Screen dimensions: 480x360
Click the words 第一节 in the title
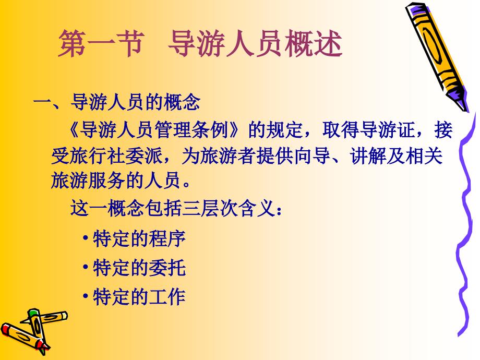click(101, 43)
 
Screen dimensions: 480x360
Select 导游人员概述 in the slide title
click(255, 43)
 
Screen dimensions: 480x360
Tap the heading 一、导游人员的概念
click(117, 102)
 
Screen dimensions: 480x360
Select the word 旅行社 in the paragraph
click(98, 156)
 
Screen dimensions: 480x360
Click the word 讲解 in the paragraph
click(368, 156)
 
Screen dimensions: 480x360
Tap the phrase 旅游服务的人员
click(116, 181)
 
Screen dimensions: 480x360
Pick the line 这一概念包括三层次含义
click(173, 209)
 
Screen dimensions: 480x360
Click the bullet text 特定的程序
click(139, 239)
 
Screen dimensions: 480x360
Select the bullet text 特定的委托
click(139, 268)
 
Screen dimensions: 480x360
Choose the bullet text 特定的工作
click(139, 297)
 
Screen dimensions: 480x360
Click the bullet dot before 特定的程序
click(86, 238)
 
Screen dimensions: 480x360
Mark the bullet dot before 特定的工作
click(86, 296)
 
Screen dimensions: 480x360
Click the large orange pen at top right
click(437, 57)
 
